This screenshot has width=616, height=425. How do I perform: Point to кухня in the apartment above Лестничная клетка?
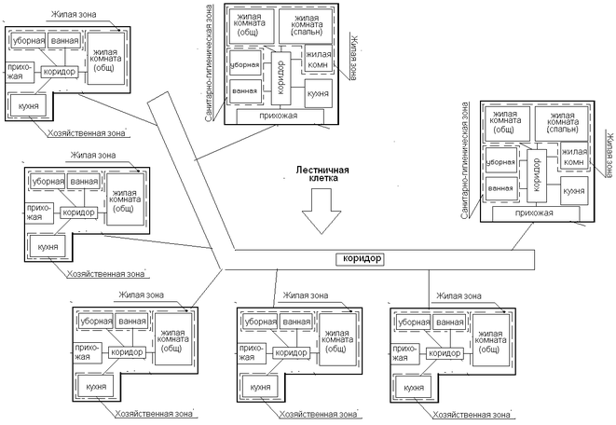click(x=317, y=93)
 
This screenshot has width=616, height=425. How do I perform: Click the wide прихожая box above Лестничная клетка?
click(x=280, y=117)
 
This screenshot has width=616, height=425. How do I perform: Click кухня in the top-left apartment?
click(x=28, y=108)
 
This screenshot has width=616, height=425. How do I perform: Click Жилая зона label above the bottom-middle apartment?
click(x=303, y=295)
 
